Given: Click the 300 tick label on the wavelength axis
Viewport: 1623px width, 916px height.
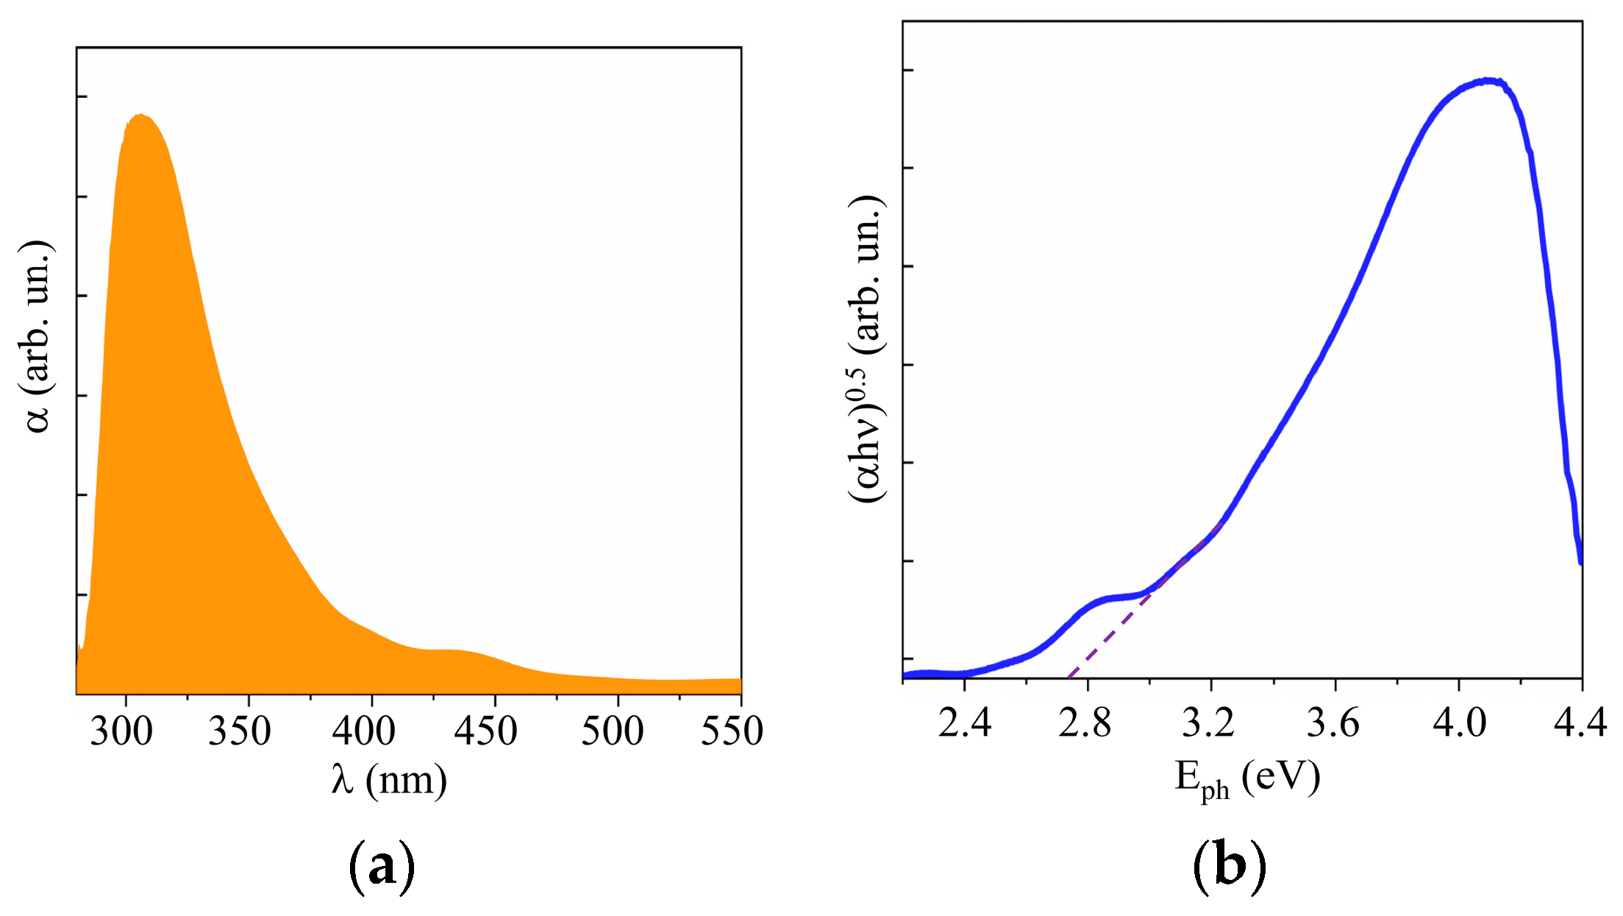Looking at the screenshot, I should point(121,731).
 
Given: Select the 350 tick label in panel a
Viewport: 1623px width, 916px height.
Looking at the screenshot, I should point(240,731).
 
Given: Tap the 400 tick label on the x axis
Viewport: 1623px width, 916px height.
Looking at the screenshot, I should point(363,731).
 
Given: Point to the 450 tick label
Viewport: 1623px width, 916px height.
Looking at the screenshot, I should point(486,731).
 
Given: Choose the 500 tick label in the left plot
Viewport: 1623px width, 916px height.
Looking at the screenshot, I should point(613,731).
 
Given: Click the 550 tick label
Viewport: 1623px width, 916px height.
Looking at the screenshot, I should point(732,731).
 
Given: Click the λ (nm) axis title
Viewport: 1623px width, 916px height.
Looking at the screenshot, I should point(389,781).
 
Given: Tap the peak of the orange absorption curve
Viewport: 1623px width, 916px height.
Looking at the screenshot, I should point(140,115).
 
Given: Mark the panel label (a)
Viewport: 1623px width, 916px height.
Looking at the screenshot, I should point(381,867).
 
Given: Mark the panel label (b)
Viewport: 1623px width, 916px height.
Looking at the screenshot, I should point(1229,865).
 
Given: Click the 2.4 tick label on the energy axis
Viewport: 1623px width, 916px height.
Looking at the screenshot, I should point(965,723).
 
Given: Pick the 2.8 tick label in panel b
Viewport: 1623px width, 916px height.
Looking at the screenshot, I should point(1085,723).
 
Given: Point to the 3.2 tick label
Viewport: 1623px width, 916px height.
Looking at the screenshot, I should point(1208,723).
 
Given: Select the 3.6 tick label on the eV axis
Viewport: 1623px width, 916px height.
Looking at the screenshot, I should point(1333,723).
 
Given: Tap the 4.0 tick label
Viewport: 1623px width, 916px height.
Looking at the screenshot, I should point(1459,723).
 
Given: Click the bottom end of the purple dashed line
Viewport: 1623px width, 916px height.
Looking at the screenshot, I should point(1068,676).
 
